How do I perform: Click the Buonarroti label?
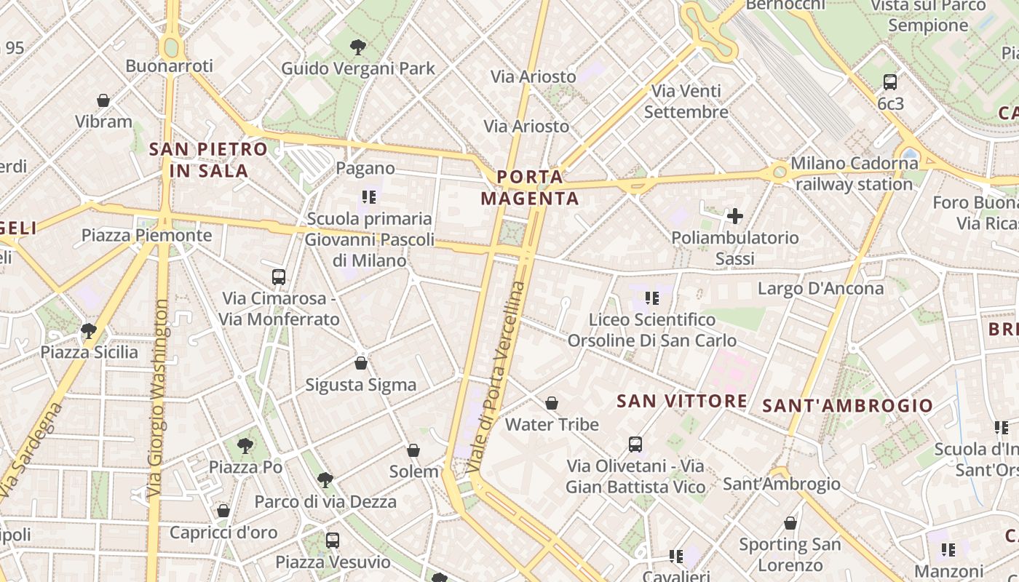[169, 66]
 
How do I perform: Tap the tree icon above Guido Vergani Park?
[357, 47]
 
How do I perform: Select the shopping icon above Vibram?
[103, 100]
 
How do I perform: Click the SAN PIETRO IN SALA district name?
[208, 161]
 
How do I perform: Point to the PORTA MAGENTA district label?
[530, 188]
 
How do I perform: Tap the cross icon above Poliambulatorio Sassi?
[735, 216]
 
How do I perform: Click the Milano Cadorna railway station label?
[855, 174]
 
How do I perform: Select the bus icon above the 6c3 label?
[889, 82]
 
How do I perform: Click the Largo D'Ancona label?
[820, 289]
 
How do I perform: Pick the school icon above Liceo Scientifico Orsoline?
[652, 298]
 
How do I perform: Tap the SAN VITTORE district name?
[681, 401]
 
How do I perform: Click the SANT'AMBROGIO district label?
[847, 406]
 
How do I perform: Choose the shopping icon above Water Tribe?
[552, 403]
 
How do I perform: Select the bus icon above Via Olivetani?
[635, 445]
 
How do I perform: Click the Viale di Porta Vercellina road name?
[498, 377]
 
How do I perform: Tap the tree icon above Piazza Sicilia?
[89, 331]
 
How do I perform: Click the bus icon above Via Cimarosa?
[279, 277]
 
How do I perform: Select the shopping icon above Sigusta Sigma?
[361, 363]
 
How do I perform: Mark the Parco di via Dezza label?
[325, 502]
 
